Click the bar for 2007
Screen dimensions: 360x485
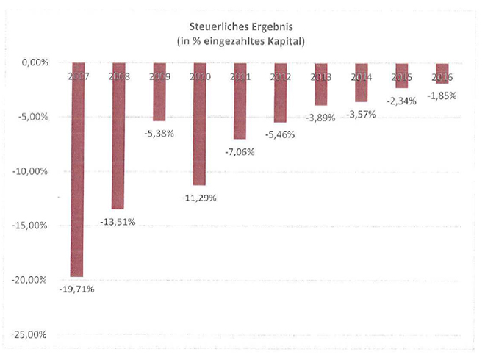tap(76, 169)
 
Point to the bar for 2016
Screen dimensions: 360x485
tap(442, 73)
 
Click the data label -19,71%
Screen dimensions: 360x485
tap(76, 289)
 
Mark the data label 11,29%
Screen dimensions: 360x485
tap(200, 198)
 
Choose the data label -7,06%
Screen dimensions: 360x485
tap(240, 151)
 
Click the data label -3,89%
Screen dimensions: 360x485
tap(320, 118)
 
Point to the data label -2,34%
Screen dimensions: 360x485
tap(401, 101)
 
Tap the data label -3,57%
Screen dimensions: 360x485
tap(361, 114)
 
